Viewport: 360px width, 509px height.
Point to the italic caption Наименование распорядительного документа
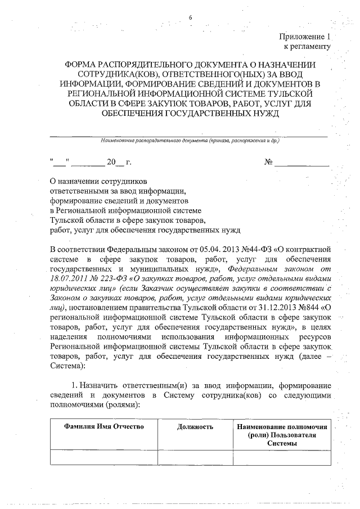tap(188, 141)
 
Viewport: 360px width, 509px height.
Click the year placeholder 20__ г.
tap(119, 163)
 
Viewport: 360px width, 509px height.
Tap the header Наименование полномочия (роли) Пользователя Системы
tap(282, 435)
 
